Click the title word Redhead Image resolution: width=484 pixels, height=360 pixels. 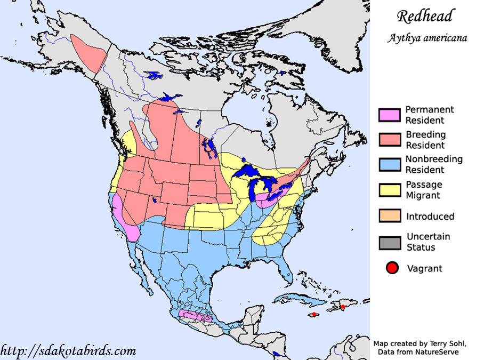(x=424, y=16)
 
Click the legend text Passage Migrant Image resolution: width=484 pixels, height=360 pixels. (x=424, y=190)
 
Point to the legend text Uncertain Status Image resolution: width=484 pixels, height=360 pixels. (x=428, y=242)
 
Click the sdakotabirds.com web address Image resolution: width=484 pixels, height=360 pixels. (x=68, y=350)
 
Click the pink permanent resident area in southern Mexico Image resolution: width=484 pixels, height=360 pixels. (x=195, y=316)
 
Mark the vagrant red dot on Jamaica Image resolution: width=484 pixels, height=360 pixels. (x=314, y=314)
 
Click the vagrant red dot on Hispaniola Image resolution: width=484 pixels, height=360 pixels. (x=342, y=306)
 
